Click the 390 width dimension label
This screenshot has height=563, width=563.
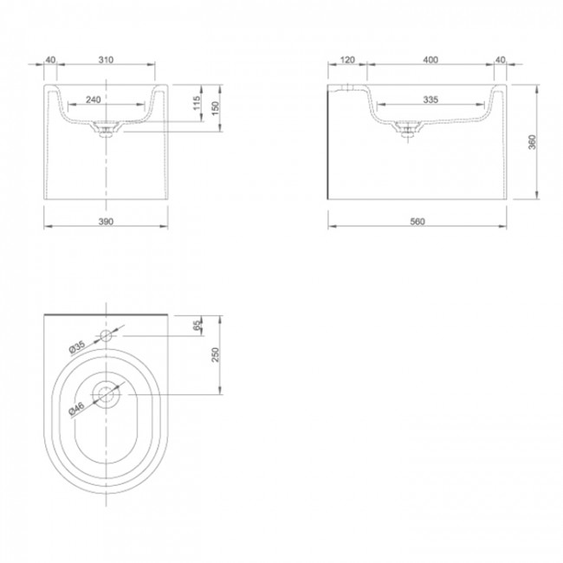pos(106,222)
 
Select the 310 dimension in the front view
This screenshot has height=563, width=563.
pos(106,60)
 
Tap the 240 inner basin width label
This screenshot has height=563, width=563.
pos(94,100)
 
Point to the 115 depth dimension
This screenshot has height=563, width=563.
pos(197,103)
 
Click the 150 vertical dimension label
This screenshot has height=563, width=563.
pos(215,108)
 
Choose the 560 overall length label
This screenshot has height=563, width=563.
pos(417,222)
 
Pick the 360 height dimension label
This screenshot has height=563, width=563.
pos(532,142)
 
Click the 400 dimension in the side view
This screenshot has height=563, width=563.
pos(430,60)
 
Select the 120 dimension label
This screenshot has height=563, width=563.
pos(347,60)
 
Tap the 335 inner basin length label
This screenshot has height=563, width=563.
pos(430,100)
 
